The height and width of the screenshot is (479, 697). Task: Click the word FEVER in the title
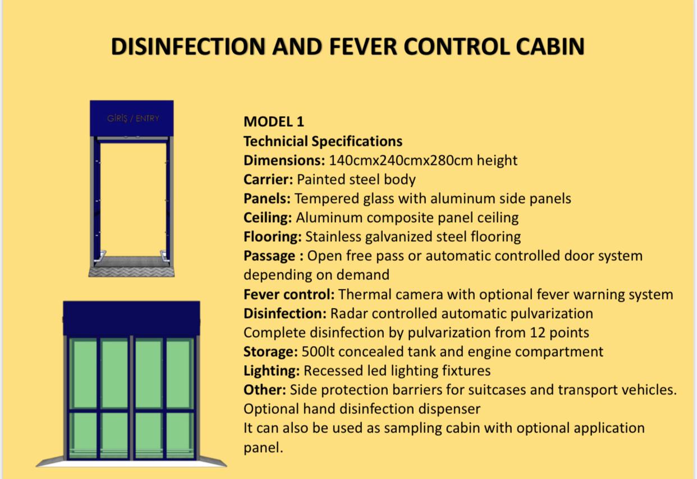pyautogui.click(x=363, y=47)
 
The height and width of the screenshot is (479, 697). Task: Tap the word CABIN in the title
pyautogui.click(x=550, y=47)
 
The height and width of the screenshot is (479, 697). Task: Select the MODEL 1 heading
pyautogui.click(x=273, y=122)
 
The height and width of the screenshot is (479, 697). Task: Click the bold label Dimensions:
pyautogui.click(x=284, y=160)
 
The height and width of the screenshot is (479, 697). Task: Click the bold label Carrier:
pyautogui.click(x=268, y=179)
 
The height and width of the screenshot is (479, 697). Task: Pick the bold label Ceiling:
pyautogui.click(x=268, y=218)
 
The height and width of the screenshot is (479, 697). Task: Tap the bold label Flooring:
pyautogui.click(x=273, y=237)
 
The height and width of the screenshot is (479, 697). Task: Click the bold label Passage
pyautogui.click(x=269, y=256)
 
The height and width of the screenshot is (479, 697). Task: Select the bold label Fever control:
pyautogui.click(x=289, y=294)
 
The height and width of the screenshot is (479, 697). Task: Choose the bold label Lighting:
pyautogui.click(x=272, y=371)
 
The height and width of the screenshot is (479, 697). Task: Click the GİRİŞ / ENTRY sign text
pyautogui.click(x=133, y=118)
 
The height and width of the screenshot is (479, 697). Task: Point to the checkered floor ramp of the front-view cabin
pyautogui.click(x=132, y=272)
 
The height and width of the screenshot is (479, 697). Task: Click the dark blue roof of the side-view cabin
pyautogui.click(x=132, y=318)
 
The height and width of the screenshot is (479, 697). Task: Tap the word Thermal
pyautogui.click(x=365, y=294)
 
